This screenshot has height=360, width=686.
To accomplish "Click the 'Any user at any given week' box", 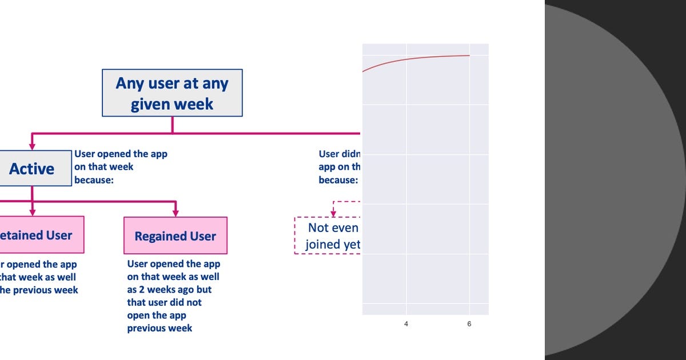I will (172, 93).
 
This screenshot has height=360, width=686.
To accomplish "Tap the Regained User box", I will (175, 235).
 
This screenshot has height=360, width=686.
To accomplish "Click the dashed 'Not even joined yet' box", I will (328, 235).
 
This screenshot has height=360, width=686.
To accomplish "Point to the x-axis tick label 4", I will (406, 324).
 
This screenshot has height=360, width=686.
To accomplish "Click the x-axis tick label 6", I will (469, 324).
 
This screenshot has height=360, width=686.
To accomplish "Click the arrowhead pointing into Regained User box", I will (175, 212).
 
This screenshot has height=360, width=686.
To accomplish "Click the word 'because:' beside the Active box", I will (94, 179).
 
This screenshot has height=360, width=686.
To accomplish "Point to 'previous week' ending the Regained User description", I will (159, 328).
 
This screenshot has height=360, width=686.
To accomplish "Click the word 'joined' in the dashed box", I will (322, 245).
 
